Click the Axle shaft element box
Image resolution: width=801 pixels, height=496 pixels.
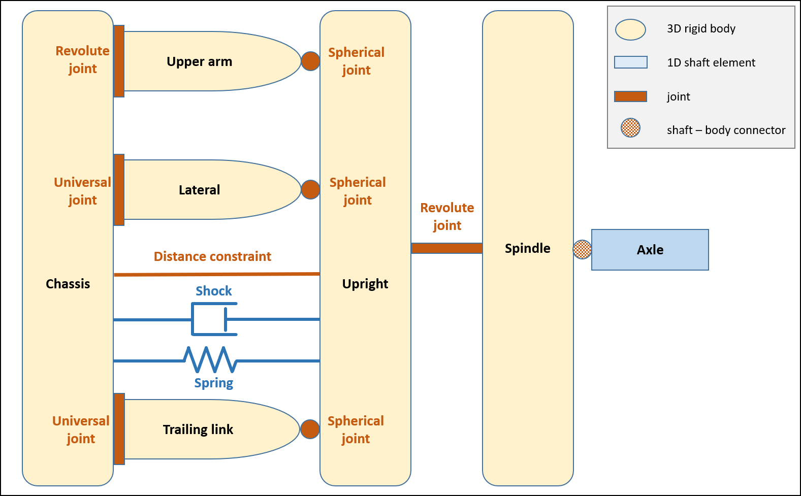(x=650, y=249)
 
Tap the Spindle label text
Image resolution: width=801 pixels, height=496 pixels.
(x=527, y=248)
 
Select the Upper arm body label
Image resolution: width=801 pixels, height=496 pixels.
(x=199, y=61)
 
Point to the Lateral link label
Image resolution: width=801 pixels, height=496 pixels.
(x=199, y=190)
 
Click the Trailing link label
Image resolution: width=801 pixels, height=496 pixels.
(x=198, y=429)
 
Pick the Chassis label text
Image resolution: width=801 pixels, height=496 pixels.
(x=68, y=284)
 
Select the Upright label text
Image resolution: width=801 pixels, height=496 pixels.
(x=365, y=284)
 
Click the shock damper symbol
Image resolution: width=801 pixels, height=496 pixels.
(x=214, y=319)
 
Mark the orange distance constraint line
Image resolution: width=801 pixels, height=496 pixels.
(x=217, y=274)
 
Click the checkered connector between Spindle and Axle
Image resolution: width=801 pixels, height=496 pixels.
(x=582, y=249)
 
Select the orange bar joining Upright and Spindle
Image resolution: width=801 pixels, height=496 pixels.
(x=446, y=248)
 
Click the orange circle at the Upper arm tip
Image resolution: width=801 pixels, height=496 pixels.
(x=310, y=61)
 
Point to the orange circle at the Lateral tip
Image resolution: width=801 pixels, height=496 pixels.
(x=310, y=189)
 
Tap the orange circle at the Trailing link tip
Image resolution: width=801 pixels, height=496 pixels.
(x=310, y=429)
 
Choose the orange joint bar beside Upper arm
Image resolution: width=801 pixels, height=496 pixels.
(x=119, y=61)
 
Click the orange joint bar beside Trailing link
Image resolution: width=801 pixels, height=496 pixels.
(x=119, y=429)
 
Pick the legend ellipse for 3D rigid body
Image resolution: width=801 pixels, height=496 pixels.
(x=630, y=29)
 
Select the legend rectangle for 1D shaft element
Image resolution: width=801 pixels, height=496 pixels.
(x=630, y=62)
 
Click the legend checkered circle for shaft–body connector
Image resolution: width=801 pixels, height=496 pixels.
(x=630, y=127)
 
